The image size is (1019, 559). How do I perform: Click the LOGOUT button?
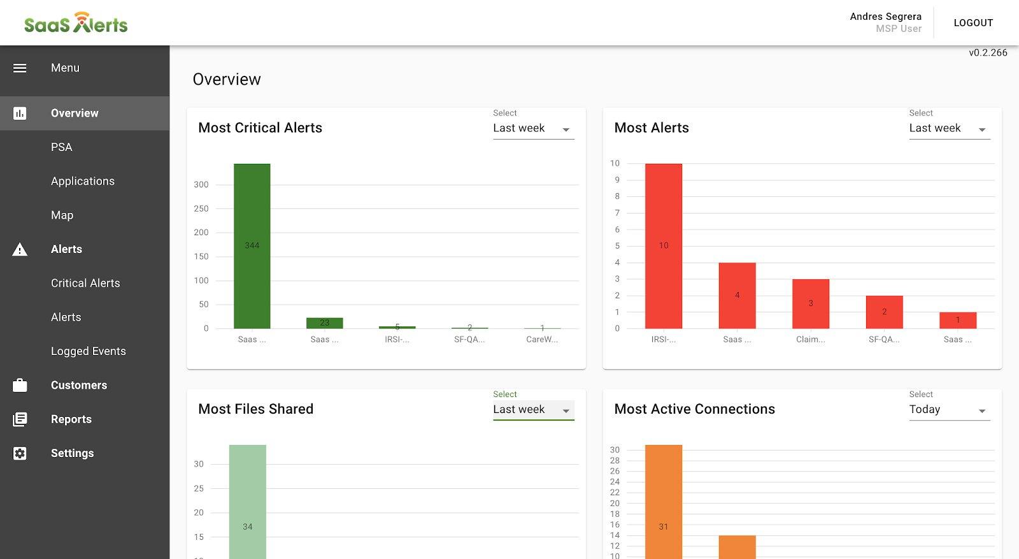coord(973,23)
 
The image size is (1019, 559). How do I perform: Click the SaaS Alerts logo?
coord(76,23)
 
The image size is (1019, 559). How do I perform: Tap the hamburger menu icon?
coord(20,68)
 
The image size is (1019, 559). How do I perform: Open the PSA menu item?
coord(62,147)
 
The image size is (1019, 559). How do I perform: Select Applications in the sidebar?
coord(83,181)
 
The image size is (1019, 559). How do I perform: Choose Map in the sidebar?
coord(62,215)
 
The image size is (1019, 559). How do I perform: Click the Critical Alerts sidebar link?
coord(85,283)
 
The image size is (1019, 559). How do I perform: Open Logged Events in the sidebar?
coord(89,351)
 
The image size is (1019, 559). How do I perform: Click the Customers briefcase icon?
coord(20,385)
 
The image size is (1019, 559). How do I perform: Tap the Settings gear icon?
coord(20,453)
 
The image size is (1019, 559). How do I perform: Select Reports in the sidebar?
coord(71,419)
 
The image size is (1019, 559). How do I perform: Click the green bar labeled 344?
coord(252,246)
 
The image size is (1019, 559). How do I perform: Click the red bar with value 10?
coord(664,246)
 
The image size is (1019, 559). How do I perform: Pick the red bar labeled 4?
coord(738,296)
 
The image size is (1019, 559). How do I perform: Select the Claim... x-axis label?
coord(810,340)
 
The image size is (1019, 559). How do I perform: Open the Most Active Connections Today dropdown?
coord(949,410)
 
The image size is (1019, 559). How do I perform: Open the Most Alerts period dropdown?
coord(949,129)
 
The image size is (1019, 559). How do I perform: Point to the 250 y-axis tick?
coord(201,208)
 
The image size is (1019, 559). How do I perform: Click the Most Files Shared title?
coord(256,409)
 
